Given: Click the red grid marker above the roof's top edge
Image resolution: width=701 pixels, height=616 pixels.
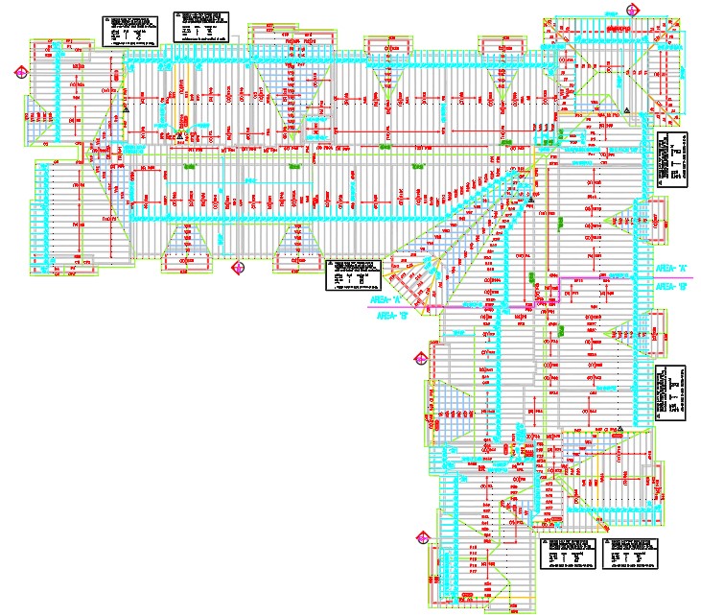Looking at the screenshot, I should [631, 10].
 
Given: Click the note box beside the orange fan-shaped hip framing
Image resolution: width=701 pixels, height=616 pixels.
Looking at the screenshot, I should [353, 273].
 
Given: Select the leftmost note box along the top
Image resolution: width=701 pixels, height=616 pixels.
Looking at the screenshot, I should [128, 29].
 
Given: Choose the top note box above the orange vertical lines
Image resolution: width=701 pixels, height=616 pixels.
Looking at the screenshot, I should [199, 26].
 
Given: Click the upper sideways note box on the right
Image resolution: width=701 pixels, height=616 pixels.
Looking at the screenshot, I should [672, 159].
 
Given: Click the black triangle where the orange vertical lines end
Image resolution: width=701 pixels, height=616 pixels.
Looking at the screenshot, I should [179, 137].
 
